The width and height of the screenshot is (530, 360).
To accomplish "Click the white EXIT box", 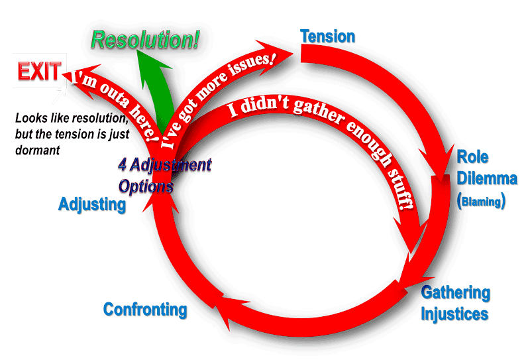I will [x=38, y=72].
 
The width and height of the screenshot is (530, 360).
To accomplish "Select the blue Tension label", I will [x=328, y=36].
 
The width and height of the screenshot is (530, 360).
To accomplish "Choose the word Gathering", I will [x=456, y=293].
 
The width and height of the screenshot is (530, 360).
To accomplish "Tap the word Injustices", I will [x=455, y=313].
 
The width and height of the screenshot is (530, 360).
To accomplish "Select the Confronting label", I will [x=145, y=310].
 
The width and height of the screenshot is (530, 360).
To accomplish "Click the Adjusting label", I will [x=92, y=204].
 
